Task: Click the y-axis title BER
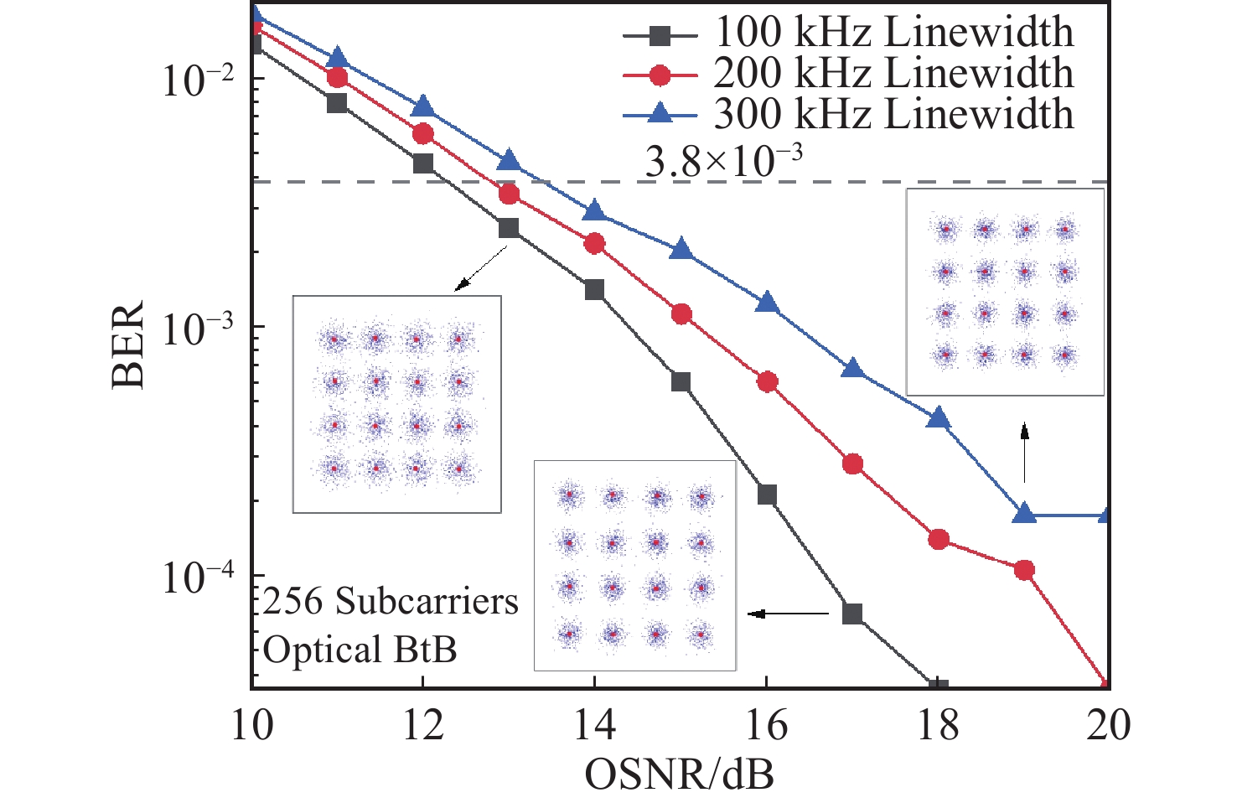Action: [x=128, y=344]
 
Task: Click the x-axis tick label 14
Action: [x=594, y=725]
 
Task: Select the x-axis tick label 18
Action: [x=938, y=725]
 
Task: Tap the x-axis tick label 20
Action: [x=1108, y=725]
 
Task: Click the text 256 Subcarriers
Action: [x=391, y=602]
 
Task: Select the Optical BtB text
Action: [x=360, y=650]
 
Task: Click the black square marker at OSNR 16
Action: [x=767, y=495]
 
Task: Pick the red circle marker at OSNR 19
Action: [x=1024, y=570]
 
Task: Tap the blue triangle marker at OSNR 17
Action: [x=852, y=369]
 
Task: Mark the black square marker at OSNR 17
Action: [x=852, y=614]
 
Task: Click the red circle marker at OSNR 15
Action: [x=681, y=314]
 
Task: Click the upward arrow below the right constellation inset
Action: [x=1023, y=453]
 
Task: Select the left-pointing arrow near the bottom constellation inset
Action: [x=788, y=614]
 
